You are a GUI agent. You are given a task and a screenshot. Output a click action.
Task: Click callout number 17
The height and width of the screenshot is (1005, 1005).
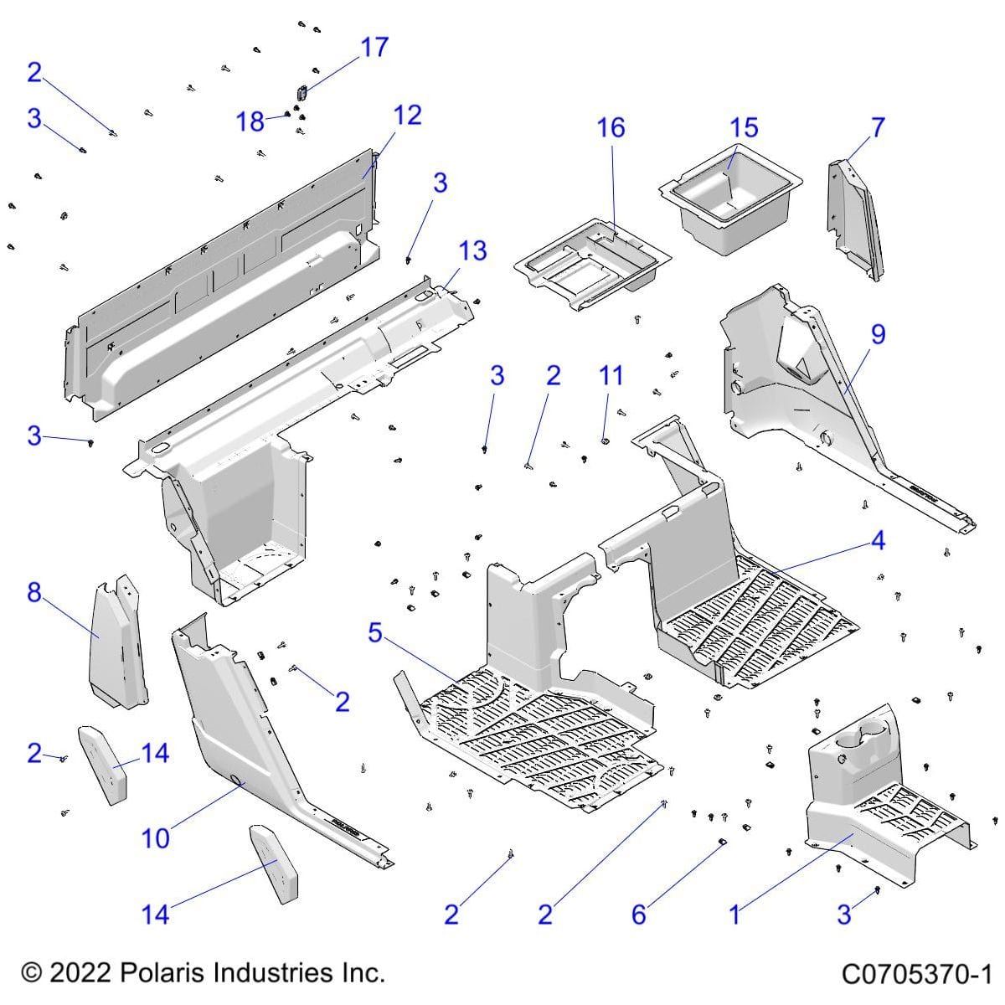(x=374, y=47)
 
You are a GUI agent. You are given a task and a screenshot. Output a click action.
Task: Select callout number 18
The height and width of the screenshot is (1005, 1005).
(x=250, y=121)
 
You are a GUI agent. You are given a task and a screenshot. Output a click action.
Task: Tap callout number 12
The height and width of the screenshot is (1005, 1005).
(x=407, y=115)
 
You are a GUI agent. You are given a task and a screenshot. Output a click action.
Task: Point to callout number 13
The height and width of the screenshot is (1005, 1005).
(x=472, y=250)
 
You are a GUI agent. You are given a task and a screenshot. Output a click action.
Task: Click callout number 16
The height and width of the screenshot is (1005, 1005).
(x=611, y=127)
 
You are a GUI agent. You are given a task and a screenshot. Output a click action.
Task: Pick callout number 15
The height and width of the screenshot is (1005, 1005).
(x=744, y=127)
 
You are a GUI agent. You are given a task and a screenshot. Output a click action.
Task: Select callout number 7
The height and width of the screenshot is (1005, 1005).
(x=877, y=127)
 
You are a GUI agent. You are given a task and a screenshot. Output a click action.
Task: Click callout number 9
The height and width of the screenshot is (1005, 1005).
(x=877, y=334)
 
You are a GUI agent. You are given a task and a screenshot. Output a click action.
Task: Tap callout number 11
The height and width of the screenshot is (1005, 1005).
(x=611, y=375)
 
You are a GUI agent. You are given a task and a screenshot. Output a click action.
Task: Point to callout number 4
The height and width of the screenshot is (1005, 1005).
(x=877, y=541)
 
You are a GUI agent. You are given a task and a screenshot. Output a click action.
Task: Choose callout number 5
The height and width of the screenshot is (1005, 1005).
(x=374, y=633)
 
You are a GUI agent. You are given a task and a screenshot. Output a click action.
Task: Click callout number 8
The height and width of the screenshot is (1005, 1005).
(x=33, y=592)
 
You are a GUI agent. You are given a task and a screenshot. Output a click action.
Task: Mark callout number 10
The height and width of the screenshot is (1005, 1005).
(x=156, y=837)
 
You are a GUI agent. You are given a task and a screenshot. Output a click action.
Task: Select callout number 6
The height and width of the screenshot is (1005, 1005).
(x=638, y=914)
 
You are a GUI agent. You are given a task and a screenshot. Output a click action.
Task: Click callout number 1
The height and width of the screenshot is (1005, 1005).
(x=734, y=914)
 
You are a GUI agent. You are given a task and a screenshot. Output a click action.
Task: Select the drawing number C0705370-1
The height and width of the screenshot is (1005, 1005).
(x=916, y=974)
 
